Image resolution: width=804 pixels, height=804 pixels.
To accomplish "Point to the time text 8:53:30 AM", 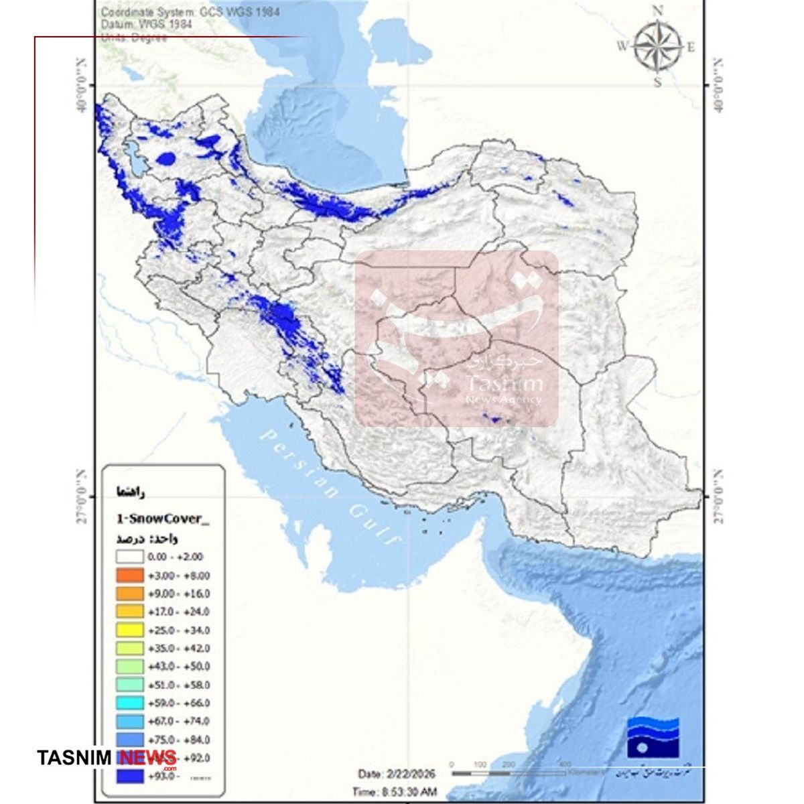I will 395,791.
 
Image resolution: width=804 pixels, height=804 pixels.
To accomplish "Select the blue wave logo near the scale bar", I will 653,740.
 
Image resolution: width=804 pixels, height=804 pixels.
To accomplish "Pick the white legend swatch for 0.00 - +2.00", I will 129,557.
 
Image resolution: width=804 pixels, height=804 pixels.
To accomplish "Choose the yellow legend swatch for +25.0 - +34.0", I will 129,630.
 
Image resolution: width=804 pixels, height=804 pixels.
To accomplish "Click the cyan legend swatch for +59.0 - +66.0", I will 129,703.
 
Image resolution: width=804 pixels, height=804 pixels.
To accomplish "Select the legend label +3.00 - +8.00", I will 179,576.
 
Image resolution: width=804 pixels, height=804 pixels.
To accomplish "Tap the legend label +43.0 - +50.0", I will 179,667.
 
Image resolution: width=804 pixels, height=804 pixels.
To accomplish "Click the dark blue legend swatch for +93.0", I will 129,777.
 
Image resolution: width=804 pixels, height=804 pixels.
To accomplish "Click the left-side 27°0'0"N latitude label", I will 82,496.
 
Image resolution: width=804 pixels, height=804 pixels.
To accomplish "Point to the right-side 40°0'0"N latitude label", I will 718,85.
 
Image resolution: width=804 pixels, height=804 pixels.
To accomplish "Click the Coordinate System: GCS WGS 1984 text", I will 190,11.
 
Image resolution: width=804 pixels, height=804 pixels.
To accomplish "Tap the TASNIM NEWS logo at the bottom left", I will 107,758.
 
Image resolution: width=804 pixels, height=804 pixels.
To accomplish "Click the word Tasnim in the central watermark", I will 505,384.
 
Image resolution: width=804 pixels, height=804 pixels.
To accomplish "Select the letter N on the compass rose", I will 657,10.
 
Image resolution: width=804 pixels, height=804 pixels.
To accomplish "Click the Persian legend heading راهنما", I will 130,492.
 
